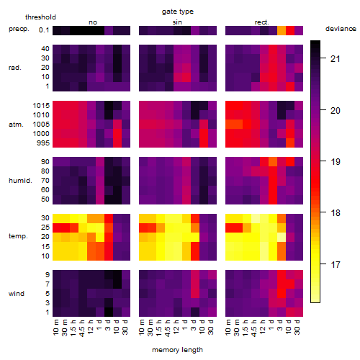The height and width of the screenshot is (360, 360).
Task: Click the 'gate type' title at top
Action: [x=178, y=12]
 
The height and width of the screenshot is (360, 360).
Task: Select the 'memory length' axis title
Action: [x=177, y=350]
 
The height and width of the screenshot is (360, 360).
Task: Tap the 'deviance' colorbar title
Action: [x=341, y=29]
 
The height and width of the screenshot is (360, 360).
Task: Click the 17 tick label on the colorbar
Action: [x=336, y=265]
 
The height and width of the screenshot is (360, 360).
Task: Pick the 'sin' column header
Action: [x=177, y=22]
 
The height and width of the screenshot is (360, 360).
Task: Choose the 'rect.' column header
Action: [x=261, y=22]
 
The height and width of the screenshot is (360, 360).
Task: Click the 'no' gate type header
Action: [x=93, y=22]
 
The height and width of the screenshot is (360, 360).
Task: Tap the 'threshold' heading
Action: [x=40, y=17]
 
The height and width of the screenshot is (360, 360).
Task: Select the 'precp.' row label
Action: [x=19, y=29]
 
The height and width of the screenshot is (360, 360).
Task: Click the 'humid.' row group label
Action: [x=20, y=181]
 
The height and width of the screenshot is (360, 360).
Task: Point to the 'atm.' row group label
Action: [x=16, y=125]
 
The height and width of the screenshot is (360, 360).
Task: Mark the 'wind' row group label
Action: [x=17, y=294]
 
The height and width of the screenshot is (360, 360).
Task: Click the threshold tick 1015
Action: [x=41, y=106]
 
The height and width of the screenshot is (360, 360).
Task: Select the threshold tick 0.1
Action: [x=44, y=30]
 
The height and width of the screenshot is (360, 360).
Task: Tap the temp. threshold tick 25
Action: [x=45, y=227]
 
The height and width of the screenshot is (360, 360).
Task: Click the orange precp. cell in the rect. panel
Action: [x=282, y=30]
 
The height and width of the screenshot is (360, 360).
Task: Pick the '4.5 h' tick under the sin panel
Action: [x=168, y=328]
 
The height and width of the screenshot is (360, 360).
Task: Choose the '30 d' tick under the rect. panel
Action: [x=297, y=328]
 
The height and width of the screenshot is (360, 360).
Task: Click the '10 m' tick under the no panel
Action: [x=55, y=328]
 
